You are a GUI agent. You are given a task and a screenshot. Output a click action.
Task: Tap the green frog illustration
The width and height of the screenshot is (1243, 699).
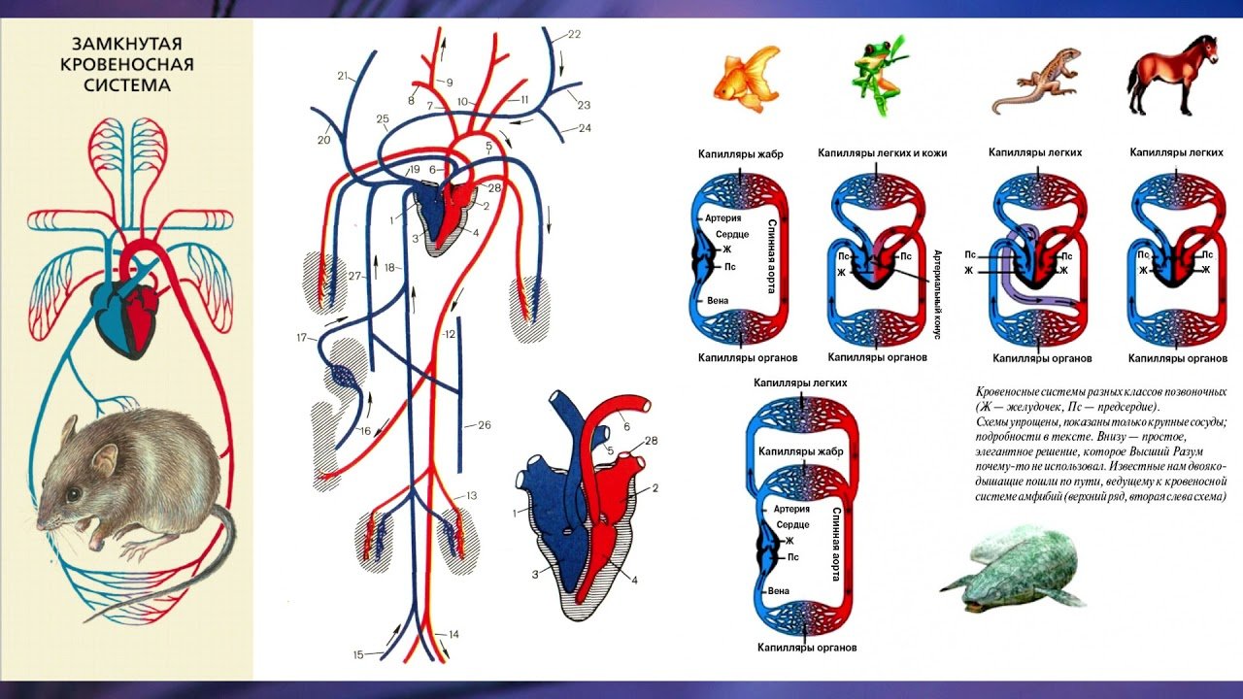click(x=879, y=76)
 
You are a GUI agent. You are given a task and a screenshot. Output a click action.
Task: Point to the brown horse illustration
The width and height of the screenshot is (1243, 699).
click(x=1172, y=75)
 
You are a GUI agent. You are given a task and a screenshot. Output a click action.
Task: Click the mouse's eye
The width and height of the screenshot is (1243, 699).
click(x=73, y=494)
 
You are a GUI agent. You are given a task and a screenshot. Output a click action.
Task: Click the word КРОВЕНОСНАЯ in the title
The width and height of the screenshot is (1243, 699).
click(x=127, y=64)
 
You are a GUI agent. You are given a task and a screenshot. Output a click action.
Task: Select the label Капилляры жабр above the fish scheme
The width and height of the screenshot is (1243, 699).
click(x=740, y=154)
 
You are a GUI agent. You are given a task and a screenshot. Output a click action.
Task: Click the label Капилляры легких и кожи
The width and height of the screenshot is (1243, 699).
click(x=883, y=152)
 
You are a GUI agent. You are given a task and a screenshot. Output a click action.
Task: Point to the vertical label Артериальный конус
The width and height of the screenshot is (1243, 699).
click(x=938, y=294)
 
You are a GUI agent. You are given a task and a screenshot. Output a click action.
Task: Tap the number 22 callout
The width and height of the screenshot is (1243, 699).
click(x=574, y=34)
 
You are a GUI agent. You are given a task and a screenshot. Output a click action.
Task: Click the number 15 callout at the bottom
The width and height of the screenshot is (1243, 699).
click(x=358, y=654)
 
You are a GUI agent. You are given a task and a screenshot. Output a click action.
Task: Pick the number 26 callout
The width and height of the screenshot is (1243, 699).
click(x=485, y=425)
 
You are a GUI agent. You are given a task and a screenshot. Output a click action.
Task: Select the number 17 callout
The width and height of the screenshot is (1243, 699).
click(x=302, y=337)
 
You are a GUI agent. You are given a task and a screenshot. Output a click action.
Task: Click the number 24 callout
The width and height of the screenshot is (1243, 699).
click(x=585, y=128)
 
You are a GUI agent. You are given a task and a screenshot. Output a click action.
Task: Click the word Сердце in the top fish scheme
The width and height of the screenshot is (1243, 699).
click(x=732, y=234)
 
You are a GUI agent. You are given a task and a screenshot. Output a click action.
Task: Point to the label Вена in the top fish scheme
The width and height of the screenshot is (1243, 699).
click(x=718, y=301)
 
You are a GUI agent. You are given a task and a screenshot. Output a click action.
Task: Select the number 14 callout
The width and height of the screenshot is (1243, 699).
click(x=454, y=634)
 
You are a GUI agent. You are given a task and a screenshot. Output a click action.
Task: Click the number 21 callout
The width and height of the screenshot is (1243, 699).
click(x=343, y=76)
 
